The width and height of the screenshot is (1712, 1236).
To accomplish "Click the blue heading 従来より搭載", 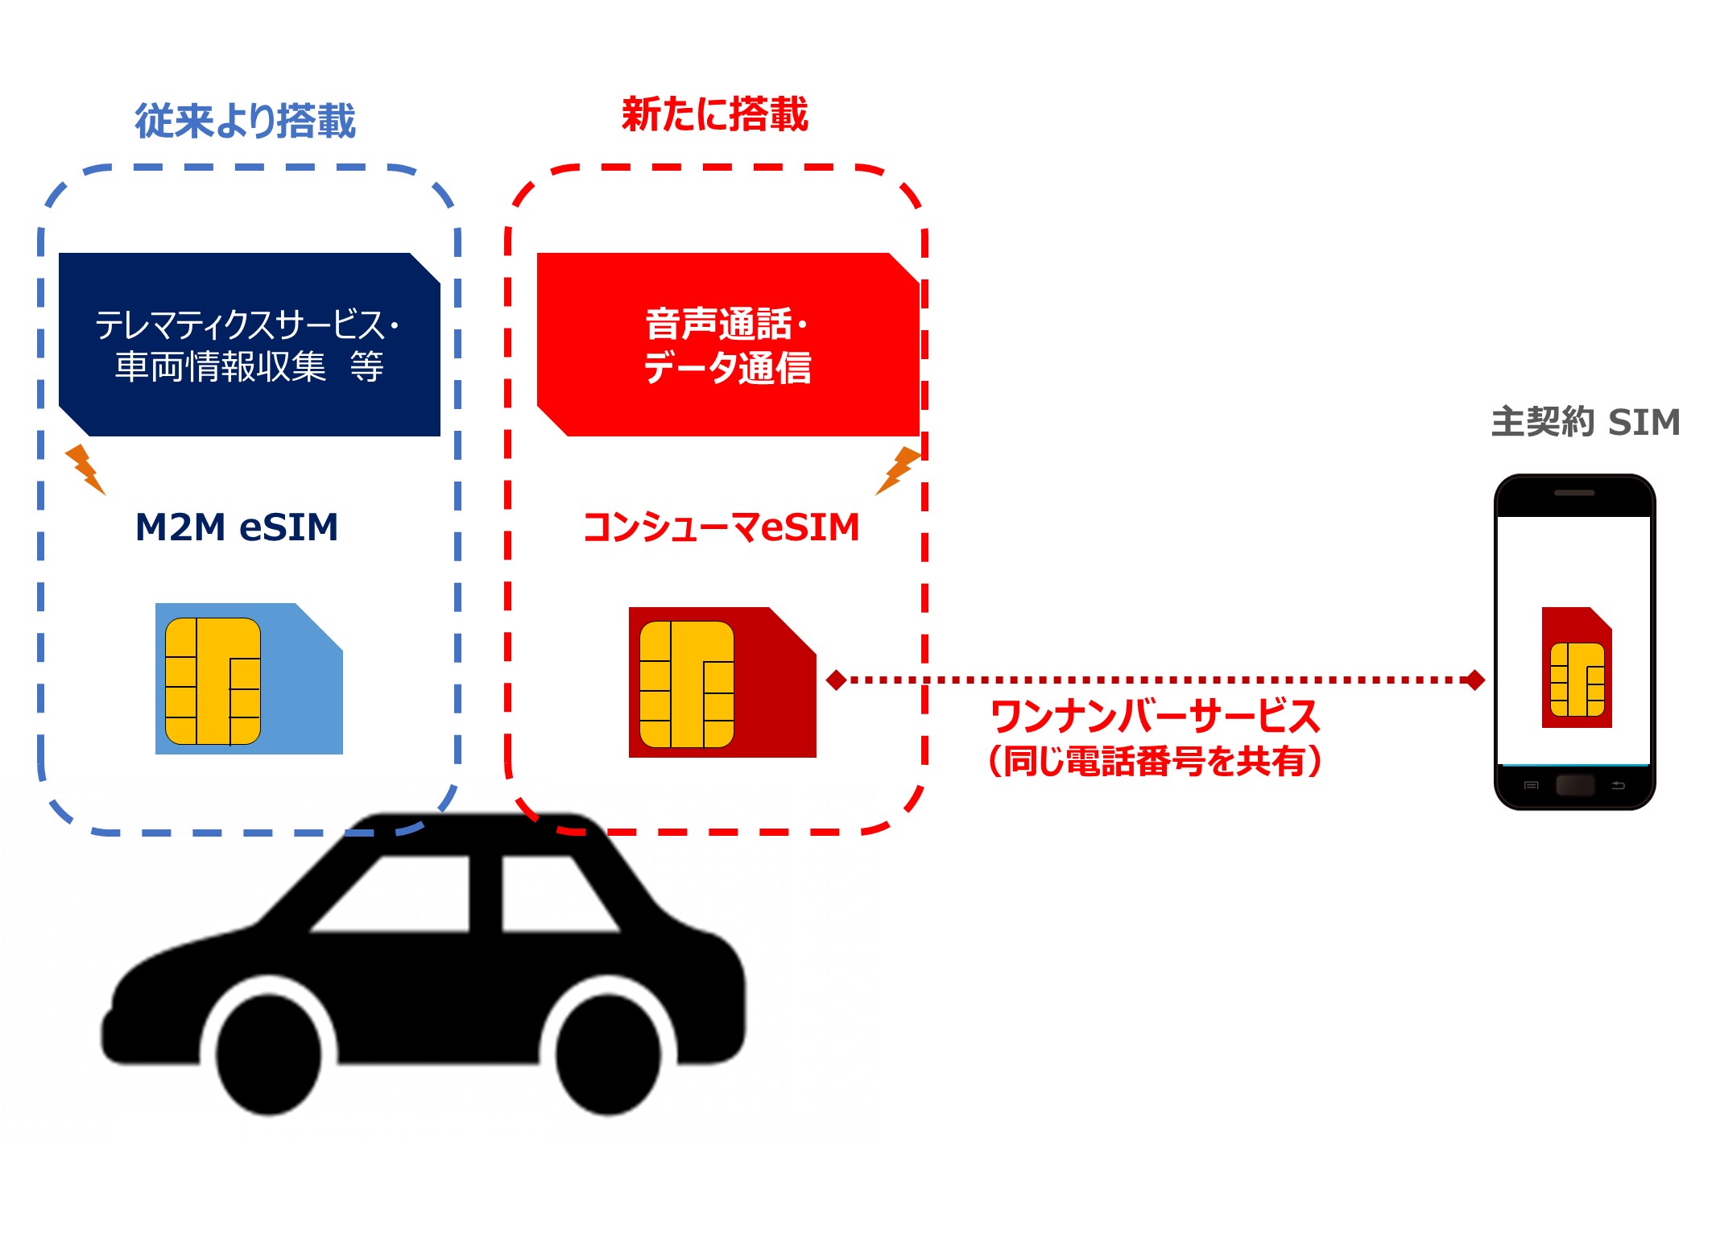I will [245, 122].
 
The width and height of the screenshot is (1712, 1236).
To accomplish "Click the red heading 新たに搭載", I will [715, 114].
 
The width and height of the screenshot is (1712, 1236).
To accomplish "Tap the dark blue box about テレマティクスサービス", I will [250, 345].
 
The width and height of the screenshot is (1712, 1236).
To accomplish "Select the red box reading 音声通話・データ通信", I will [728, 345].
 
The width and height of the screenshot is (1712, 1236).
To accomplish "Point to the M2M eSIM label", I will [237, 527].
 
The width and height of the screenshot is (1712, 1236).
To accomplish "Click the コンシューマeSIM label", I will [722, 527].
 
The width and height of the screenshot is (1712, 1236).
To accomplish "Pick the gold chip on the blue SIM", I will [213, 681].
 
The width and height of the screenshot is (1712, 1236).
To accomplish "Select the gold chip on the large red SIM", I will [687, 684].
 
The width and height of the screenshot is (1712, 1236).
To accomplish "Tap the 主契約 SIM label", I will [1585, 422].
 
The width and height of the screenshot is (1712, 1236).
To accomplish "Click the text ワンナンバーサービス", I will [1155, 716].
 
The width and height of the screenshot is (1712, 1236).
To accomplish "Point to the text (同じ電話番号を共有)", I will [1155, 761].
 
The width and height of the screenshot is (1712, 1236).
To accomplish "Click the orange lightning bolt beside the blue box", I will [85, 468].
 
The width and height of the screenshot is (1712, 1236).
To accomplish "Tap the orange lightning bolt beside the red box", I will [898, 469].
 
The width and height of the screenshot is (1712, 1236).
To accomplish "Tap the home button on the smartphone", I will [1575, 785].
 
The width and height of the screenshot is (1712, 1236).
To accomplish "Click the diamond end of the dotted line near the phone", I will [1475, 680].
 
